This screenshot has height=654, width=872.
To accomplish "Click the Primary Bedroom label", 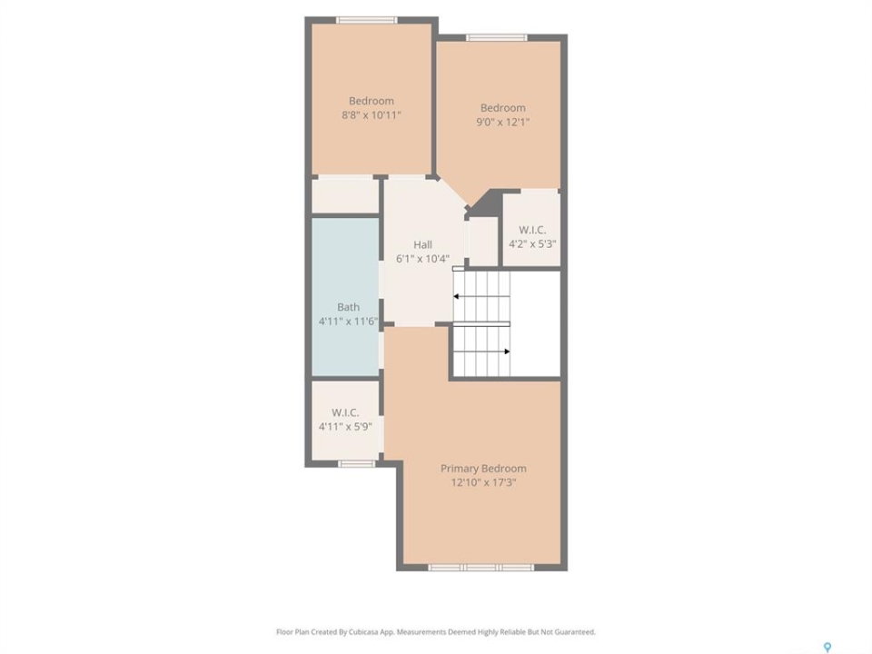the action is (x=483, y=469).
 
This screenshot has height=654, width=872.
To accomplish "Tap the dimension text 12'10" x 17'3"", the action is (x=484, y=482).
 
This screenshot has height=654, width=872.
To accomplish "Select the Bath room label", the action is (x=348, y=307).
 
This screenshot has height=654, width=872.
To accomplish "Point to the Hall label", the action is (x=422, y=244).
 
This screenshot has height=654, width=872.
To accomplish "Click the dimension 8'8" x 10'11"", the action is (x=371, y=115).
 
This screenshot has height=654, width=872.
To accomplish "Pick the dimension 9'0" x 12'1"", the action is (x=502, y=123).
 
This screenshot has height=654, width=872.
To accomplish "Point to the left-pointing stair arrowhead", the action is (x=456, y=296).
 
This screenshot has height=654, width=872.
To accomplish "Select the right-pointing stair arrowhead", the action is (x=507, y=352).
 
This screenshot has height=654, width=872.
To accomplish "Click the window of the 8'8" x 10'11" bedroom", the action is (x=366, y=21).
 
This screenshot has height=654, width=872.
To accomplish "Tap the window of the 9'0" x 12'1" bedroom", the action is (x=496, y=38).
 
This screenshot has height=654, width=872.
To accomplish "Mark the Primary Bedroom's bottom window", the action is (x=481, y=567).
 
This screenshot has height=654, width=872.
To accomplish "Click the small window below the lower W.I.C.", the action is (x=356, y=464).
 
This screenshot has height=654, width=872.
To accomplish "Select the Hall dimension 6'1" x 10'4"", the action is (x=422, y=259).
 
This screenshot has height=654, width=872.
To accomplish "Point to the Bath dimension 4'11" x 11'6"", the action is (x=348, y=322).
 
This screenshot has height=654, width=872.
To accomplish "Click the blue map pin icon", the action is (x=827, y=647).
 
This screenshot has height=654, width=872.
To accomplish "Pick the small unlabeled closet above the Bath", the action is (x=345, y=195).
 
